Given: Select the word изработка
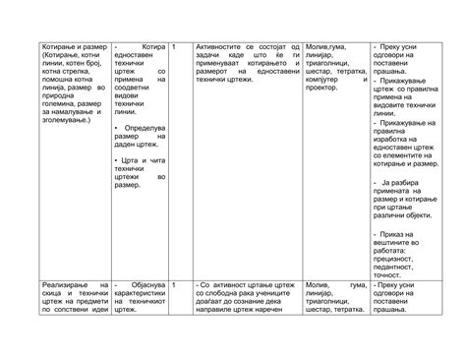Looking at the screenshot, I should tap(397, 139).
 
